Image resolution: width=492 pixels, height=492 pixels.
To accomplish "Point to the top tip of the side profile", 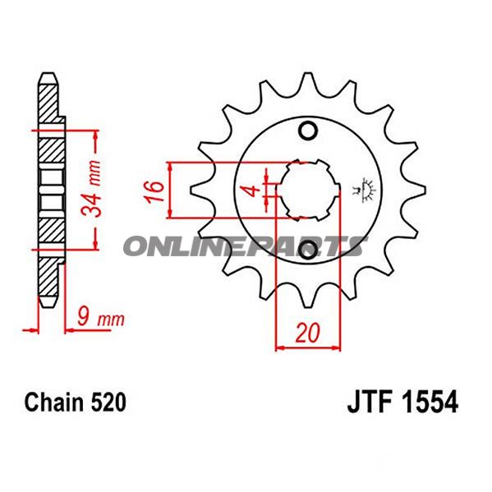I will click(48, 76).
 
